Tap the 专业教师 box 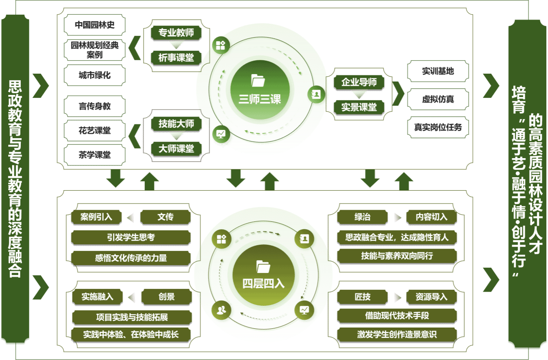pyautogui.click(x=176, y=33)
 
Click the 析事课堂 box pyautogui.click(x=176, y=58)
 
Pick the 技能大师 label pyautogui.click(x=176, y=124)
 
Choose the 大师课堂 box pyautogui.click(x=176, y=149)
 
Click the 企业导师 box pyautogui.click(x=359, y=82)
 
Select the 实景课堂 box pyautogui.click(x=359, y=107)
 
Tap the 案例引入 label pyautogui.click(x=96, y=217)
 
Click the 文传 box pyautogui.click(x=165, y=217)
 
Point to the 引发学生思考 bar pyautogui.click(x=130, y=237)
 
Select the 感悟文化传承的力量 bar pyautogui.click(x=130, y=258)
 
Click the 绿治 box pyautogui.click(x=362, y=217)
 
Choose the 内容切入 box pyautogui.click(x=431, y=217)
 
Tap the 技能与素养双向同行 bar pyautogui.click(x=397, y=256)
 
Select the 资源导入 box pyautogui.click(x=431, y=297)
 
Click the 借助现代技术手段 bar pyautogui.click(x=397, y=315)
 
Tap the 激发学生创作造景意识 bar pyautogui.click(x=397, y=334)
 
